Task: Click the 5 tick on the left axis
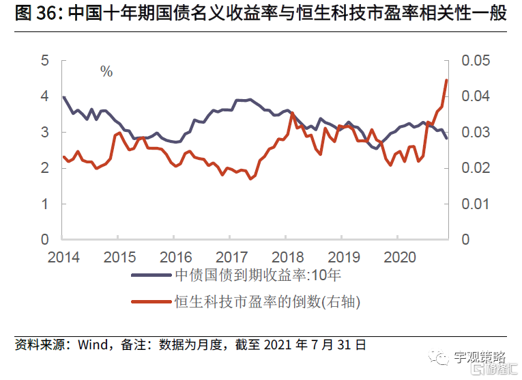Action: [x=45, y=61]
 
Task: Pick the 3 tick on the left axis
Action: [x=45, y=132]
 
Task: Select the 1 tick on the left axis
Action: [x=45, y=204]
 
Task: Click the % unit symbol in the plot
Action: [x=106, y=72]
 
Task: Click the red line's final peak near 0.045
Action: [x=446, y=80]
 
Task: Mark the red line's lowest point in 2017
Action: [x=250, y=178]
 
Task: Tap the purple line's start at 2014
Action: [x=63, y=97]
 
